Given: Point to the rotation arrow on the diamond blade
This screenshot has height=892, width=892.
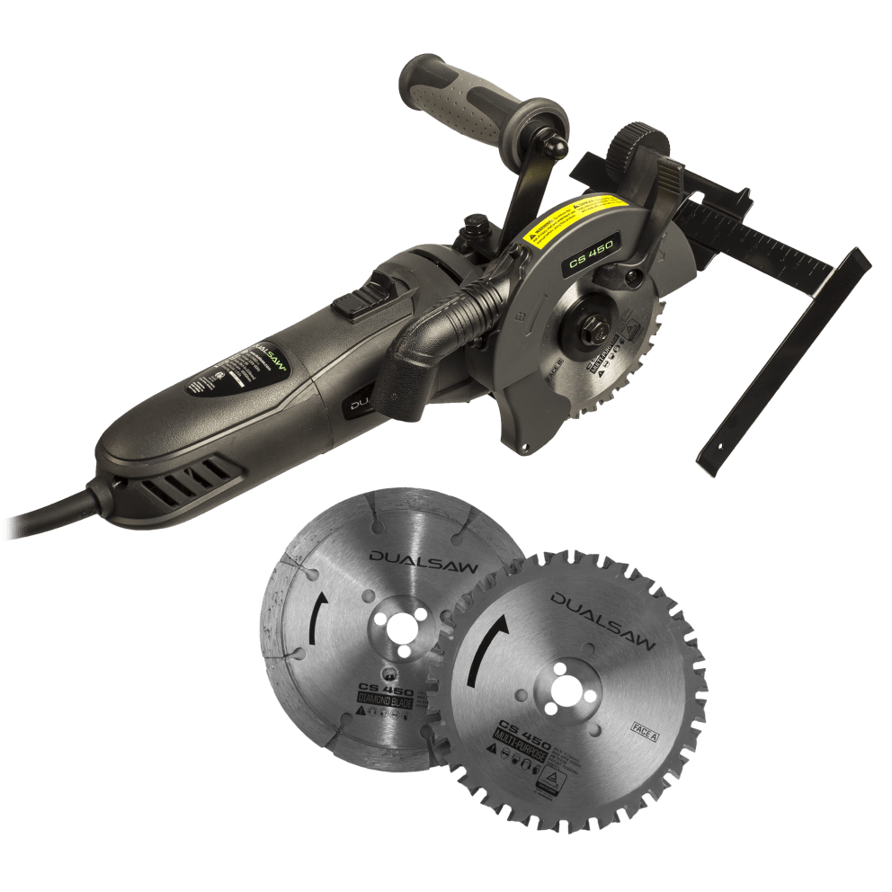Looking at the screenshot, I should (316, 621).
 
